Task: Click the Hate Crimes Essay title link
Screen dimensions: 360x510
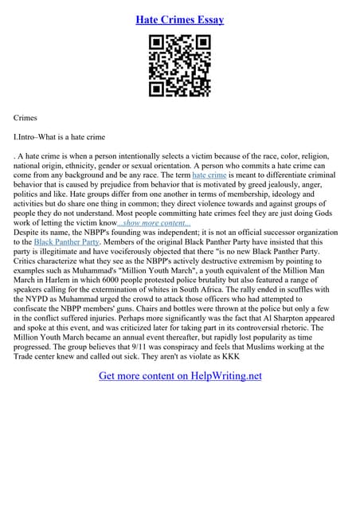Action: click(x=179, y=18)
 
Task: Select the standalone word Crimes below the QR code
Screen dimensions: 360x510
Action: click(x=26, y=117)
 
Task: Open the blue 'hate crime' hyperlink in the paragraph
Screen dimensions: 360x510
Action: click(x=209, y=174)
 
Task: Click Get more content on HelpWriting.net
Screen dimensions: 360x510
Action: click(x=180, y=375)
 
